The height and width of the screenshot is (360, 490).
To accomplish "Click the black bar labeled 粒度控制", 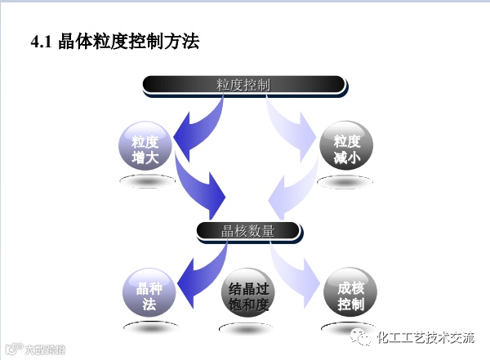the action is tap(243, 84).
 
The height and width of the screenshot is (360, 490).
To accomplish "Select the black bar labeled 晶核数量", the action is tap(248, 231).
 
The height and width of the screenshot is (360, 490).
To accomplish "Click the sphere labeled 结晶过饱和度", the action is tap(247, 296).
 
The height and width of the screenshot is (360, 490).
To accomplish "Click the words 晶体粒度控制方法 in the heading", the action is tap(129, 41).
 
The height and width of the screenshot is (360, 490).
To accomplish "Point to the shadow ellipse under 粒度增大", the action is tap(147, 181).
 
